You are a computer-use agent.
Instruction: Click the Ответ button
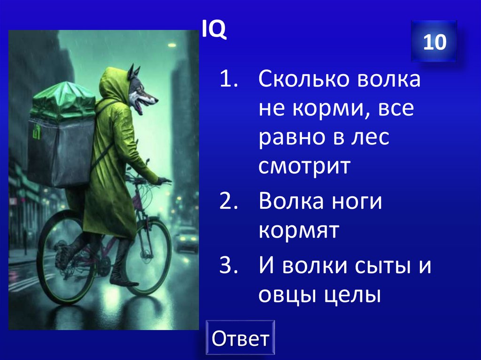point(240,338)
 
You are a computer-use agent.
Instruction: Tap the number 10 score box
point(434,42)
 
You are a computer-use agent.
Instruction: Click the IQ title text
point(214,31)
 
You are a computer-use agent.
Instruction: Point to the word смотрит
point(304,167)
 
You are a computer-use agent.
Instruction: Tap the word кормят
point(298,231)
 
